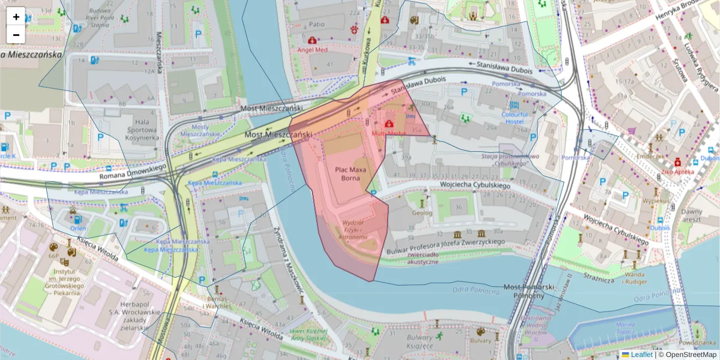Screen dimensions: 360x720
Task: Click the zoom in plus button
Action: coord(16,17)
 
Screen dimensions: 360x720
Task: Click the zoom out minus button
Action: coord(16,35)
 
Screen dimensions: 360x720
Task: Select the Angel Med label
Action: coord(313,50)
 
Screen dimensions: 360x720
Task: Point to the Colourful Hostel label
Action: coord(515,118)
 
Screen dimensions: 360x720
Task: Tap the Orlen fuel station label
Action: coord(78,228)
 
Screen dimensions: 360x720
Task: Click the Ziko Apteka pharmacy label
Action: coord(678,171)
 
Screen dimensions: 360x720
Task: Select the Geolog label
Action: coord(422,212)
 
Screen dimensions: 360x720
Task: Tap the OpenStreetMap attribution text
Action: coord(691,355)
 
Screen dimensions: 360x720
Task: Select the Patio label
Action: coord(316,25)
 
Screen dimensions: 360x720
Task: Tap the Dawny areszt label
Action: coord(691,215)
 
